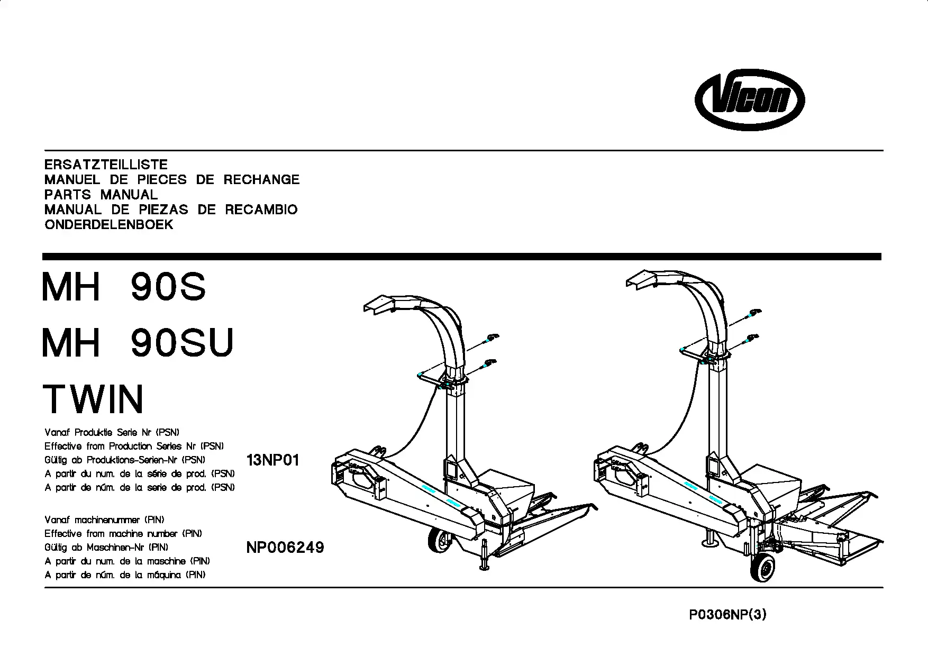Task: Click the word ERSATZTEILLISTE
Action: pyautogui.click(x=106, y=165)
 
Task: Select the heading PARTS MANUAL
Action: pyautogui.click(x=101, y=194)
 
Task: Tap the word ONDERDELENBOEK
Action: pyautogui.click(x=108, y=224)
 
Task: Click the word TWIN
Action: pyautogui.click(x=93, y=399)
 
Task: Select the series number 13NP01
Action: pyautogui.click(x=273, y=460)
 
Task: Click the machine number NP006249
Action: pyautogui.click(x=285, y=548)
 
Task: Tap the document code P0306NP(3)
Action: pyautogui.click(x=727, y=615)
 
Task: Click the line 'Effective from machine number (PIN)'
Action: pyautogui.click(x=123, y=534)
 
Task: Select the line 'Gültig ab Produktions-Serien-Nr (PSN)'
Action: pyautogui.click(x=125, y=460)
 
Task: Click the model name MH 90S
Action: pyautogui.click(x=124, y=287)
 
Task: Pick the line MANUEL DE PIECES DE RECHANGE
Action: pyautogui.click(x=172, y=179)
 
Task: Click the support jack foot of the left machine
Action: pyautogui.click(x=484, y=568)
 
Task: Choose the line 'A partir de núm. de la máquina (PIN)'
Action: pyautogui.click(x=125, y=575)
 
